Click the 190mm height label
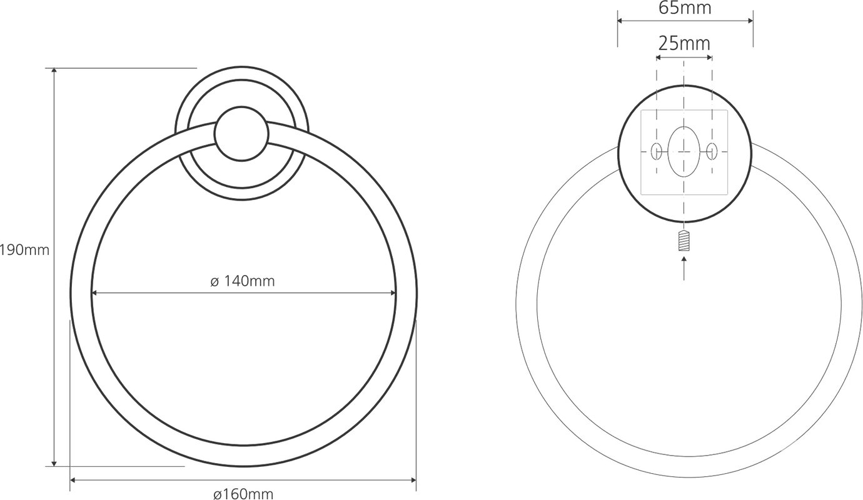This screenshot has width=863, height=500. click(x=24, y=251)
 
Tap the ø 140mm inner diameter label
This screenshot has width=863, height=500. click(x=243, y=281)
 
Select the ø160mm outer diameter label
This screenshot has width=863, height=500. click(x=243, y=494)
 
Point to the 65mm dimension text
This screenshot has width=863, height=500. click(x=685, y=7)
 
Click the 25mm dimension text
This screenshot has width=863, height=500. click(x=684, y=44)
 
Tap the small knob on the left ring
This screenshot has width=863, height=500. click(x=241, y=134)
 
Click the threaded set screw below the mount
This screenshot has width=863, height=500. click(x=684, y=241)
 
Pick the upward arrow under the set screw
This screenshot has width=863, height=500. click(x=684, y=269)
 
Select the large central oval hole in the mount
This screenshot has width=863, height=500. click(x=684, y=152)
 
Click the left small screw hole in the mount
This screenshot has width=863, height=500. click(x=656, y=151)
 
